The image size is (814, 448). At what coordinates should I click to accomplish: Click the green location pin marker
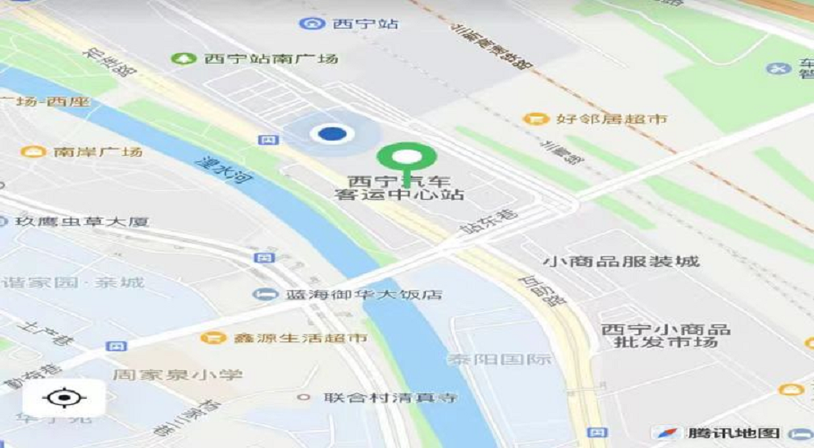[406, 159]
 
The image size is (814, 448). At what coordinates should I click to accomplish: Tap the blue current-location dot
[333, 134]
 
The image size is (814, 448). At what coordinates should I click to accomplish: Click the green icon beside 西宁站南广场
[184, 59]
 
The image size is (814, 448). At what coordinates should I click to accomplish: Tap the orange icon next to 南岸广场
[33, 151]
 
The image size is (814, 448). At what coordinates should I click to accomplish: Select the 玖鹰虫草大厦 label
[81, 221]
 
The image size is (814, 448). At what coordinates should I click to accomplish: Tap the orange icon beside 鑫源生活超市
[212, 338]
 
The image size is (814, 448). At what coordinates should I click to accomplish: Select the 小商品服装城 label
[620, 262]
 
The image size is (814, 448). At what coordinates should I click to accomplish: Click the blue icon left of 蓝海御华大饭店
[264, 295]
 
